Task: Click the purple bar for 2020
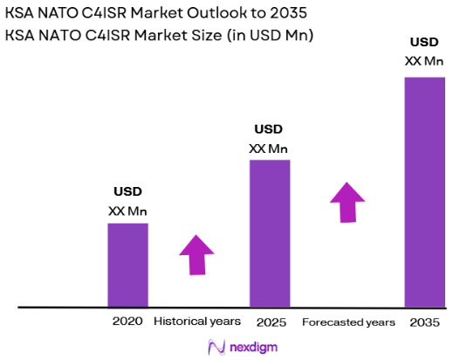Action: pyautogui.click(x=127, y=265)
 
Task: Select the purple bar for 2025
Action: pyautogui.click(x=270, y=233)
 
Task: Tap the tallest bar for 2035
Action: pyautogui.click(x=424, y=192)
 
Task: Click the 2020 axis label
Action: pyautogui.click(x=127, y=322)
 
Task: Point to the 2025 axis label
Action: pyautogui.click(x=270, y=322)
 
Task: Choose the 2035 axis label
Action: pyautogui.click(x=424, y=322)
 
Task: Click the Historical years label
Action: pyautogui.click(x=197, y=322)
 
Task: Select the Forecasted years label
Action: pyautogui.click(x=348, y=322)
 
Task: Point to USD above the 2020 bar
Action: pyautogui.click(x=127, y=192)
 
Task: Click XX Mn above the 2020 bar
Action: pyautogui.click(x=127, y=211)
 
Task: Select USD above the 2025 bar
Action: pyautogui.click(x=269, y=129)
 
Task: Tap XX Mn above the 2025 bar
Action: pyautogui.click(x=269, y=148)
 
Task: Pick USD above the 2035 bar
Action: pyautogui.click(x=424, y=43)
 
